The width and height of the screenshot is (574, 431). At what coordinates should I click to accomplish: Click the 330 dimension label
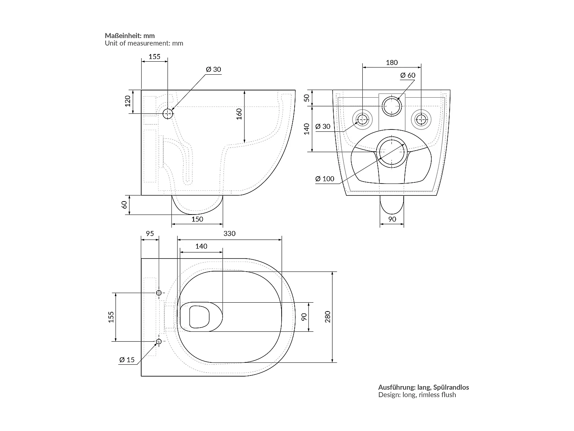coord(229,233)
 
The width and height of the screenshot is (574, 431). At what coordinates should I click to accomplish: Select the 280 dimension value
coord(328,317)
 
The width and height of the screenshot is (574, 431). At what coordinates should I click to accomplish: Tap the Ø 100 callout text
coord(325,179)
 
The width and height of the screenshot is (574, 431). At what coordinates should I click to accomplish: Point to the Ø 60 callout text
coord(408,75)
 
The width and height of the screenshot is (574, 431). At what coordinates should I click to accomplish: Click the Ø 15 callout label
coord(127,359)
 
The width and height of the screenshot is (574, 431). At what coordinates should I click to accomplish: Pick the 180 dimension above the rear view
coord(391,62)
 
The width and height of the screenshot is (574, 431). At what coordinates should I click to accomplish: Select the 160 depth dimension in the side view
coord(239,114)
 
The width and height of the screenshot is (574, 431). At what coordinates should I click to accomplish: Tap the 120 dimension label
coord(128,101)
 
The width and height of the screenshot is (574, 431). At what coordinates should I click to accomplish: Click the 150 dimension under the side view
coord(197,219)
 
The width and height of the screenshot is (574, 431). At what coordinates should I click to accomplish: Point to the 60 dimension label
coord(124,205)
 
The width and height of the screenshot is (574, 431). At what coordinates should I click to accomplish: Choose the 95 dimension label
coord(150,233)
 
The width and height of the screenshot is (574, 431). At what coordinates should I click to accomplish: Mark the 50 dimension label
coord(307,98)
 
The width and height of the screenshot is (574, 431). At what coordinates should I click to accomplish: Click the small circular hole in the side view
coord(168,113)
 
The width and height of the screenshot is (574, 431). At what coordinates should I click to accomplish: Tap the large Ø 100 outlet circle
coord(391,152)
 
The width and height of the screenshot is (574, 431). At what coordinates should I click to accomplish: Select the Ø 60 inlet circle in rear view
coord(391,106)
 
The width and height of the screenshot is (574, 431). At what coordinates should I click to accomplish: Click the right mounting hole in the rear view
coord(421,120)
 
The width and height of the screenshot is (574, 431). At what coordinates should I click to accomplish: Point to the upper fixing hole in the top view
coord(159,293)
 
